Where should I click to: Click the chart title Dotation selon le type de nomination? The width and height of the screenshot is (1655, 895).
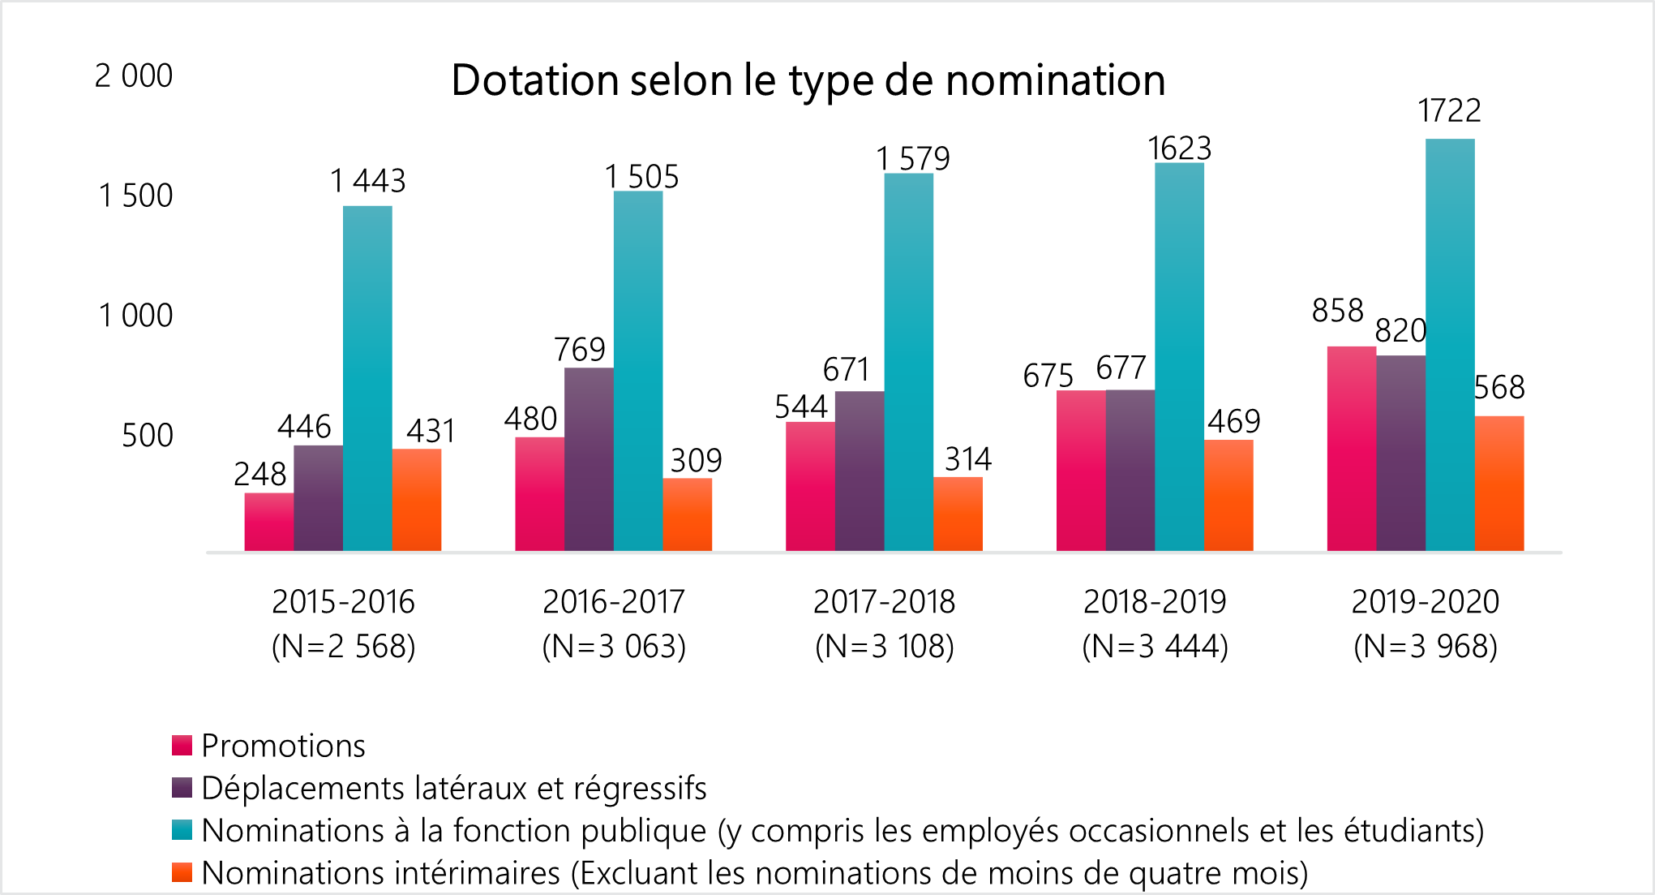point(808,80)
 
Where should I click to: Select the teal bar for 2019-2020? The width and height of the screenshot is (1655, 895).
point(1450,345)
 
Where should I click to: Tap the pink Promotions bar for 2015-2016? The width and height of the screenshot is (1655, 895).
point(268,522)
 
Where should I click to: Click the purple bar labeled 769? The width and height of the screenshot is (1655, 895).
point(589,459)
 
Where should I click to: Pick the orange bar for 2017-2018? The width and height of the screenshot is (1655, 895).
point(958,514)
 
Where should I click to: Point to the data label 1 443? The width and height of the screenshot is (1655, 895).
point(367,181)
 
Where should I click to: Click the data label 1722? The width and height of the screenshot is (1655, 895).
point(1449,111)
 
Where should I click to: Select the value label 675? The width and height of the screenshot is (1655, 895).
point(1048,376)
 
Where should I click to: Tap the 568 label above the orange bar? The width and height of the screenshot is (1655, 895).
point(1499,388)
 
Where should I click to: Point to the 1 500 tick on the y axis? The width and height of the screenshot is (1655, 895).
point(135,196)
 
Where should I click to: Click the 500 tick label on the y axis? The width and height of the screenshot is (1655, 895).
point(147,436)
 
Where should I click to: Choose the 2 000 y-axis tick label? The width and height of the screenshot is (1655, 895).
point(134,75)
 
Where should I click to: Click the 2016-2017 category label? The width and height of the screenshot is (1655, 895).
point(614,602)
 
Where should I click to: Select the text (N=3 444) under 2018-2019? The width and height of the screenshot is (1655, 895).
point(1155,647)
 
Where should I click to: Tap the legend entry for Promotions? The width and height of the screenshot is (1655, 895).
point(283,746)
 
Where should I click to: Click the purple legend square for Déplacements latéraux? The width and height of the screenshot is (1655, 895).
point(182,788)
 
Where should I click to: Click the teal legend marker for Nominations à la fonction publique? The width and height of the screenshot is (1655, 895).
point(182,830)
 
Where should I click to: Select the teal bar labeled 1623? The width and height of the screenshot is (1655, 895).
point(1179,357)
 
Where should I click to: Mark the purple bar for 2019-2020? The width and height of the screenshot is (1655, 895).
point(1400,453)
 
